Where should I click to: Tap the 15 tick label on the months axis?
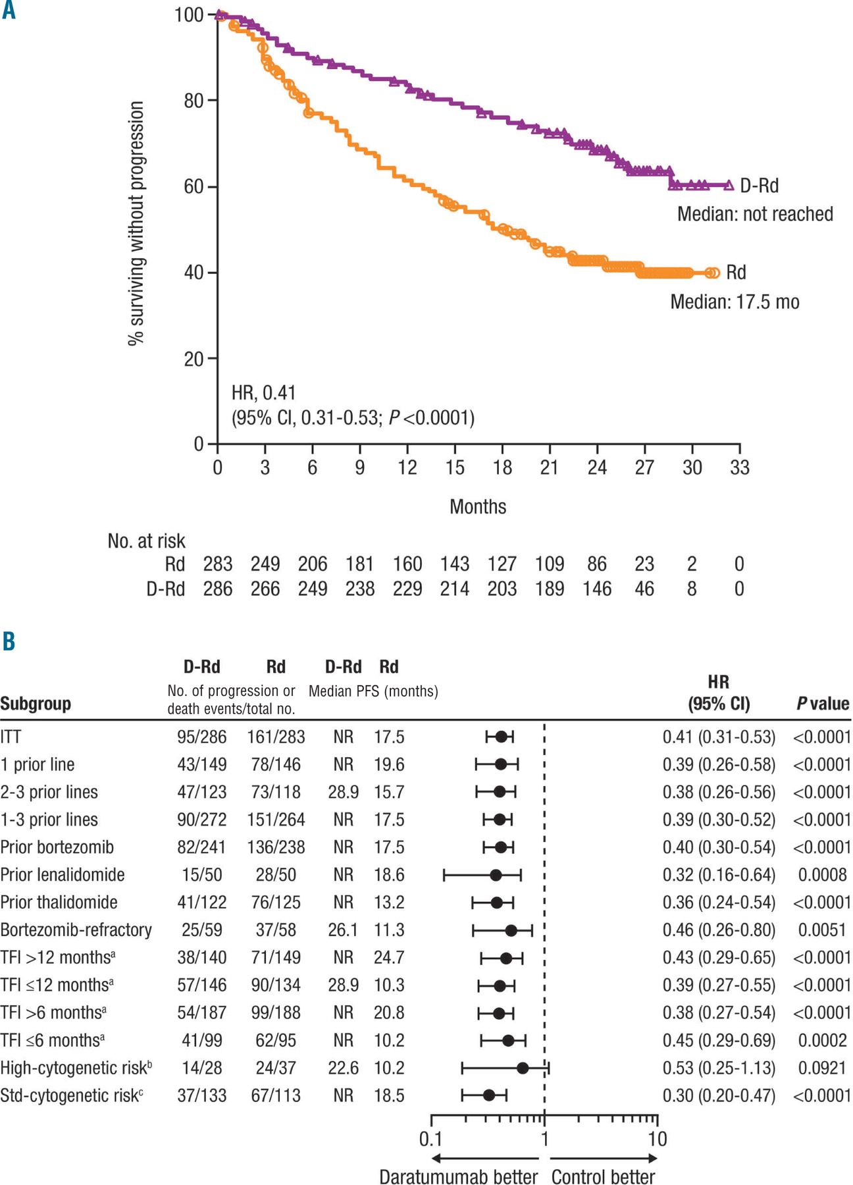455,467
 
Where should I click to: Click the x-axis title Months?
478,507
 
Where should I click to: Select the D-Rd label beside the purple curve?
759,186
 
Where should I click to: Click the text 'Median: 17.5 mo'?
735,302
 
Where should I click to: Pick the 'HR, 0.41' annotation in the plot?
263,393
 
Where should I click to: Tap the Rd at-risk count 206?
313,564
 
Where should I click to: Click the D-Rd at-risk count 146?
597,589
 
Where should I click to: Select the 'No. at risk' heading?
146,541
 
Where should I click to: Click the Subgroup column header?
36,704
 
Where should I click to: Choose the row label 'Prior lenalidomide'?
63,875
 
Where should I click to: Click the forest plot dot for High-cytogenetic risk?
523,1068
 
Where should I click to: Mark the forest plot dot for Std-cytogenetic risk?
489,1095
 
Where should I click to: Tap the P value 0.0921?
822,1068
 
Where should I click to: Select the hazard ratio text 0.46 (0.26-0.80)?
719,930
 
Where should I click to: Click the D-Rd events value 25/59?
202,930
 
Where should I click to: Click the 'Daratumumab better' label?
458,1176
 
